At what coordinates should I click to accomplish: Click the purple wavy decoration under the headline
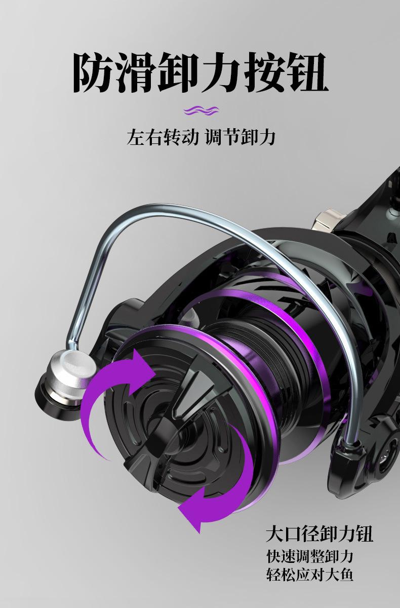point(201,110)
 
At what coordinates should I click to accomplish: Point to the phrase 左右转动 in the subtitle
point(163,137)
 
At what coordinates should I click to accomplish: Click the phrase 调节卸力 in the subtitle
point(240,137)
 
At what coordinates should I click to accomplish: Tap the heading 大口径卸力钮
point(319,534)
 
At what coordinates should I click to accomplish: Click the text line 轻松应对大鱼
point(309,576)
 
